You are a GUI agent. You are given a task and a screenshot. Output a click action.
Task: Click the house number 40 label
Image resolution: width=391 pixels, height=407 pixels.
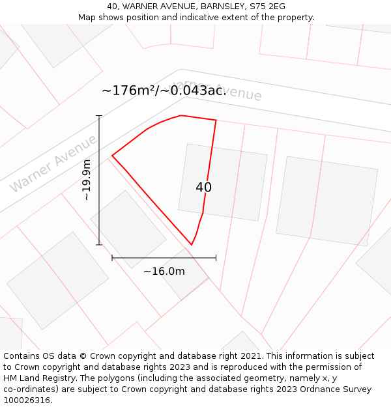coord(203,188)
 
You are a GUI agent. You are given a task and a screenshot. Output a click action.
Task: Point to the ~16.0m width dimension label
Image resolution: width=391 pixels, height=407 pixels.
coord(164,272)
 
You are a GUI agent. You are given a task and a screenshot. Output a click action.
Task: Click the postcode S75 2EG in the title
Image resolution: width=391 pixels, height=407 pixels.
coord(268,7)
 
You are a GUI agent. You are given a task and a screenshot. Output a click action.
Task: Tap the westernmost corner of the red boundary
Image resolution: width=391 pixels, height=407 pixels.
coord(112,156)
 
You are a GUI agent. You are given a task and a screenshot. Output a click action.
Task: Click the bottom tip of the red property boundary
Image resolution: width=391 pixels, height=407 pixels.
coord(192,245)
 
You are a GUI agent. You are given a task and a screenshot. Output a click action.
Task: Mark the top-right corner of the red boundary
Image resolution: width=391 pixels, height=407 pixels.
coord(216,120)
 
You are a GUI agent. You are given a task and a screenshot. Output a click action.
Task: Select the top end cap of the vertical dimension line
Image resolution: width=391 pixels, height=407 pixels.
coord(100,116)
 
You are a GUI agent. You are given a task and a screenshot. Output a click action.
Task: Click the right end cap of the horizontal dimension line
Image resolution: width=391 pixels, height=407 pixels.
coord(216,258)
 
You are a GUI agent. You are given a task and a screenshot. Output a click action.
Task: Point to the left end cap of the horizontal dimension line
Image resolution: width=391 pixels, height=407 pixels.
coord(112,258)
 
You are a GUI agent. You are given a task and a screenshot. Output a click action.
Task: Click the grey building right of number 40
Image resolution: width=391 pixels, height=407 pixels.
coord(326,201)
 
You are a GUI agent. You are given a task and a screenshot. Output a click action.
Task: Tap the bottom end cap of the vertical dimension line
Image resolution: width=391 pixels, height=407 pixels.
coord(100,245)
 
